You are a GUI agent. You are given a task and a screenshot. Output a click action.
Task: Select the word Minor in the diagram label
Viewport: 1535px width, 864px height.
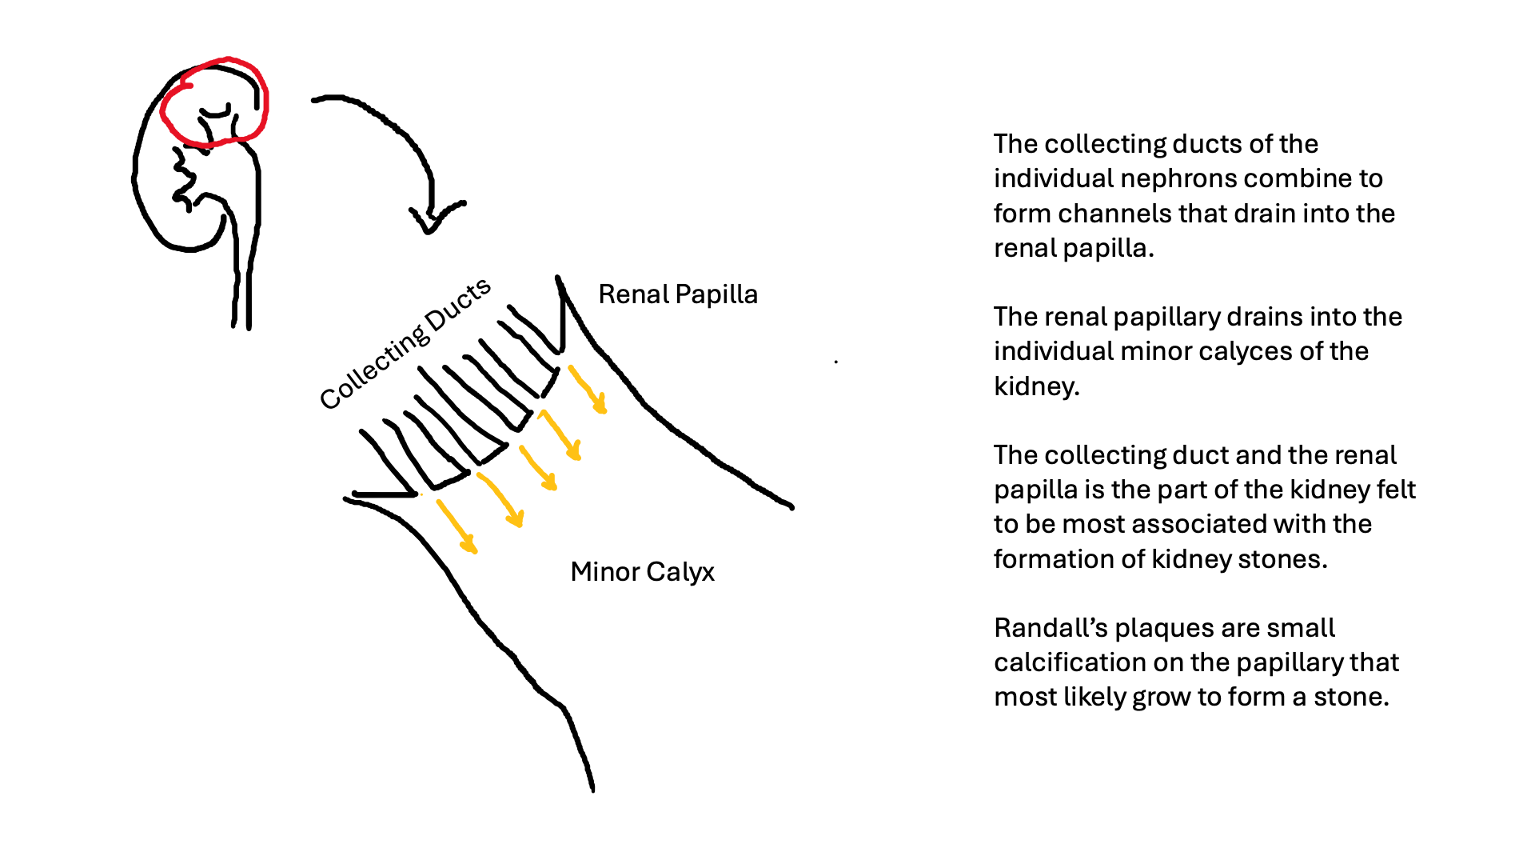click(604, 572)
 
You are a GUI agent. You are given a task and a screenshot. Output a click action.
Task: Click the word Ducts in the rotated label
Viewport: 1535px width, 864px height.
click(458, 305)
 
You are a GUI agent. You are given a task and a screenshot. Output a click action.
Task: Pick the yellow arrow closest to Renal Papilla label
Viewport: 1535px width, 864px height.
click(588, 390)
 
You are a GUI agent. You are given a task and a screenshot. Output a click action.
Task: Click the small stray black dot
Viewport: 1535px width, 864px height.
click(836, 362)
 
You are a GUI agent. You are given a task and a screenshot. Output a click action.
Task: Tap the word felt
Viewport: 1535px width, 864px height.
click(1397, 490)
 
